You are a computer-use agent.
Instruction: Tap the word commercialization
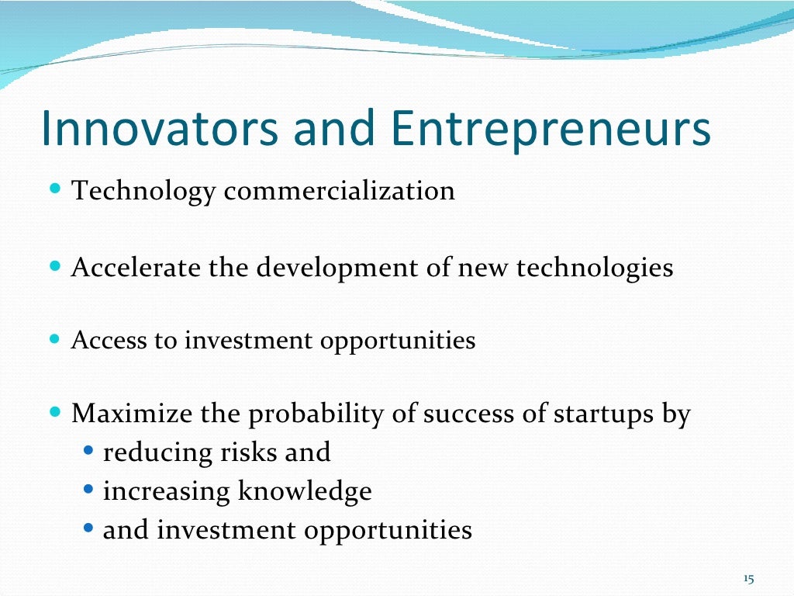click(339, 191)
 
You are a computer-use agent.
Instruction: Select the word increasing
click(167, 492)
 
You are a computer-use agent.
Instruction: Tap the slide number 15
click(748, 579)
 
